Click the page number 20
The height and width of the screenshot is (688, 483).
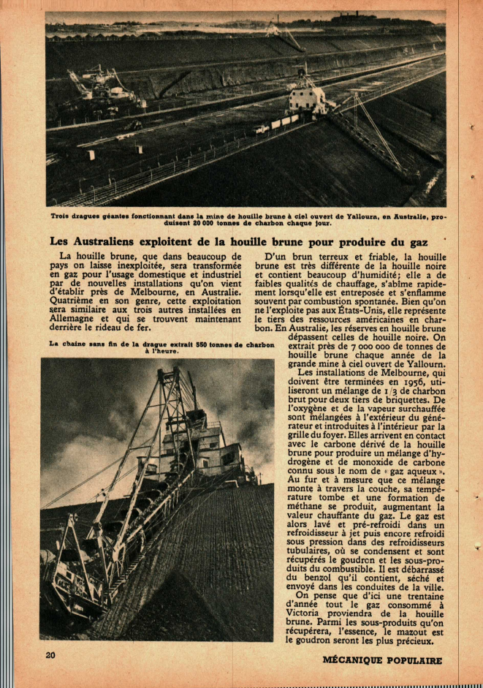click(x=50, y=655)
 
